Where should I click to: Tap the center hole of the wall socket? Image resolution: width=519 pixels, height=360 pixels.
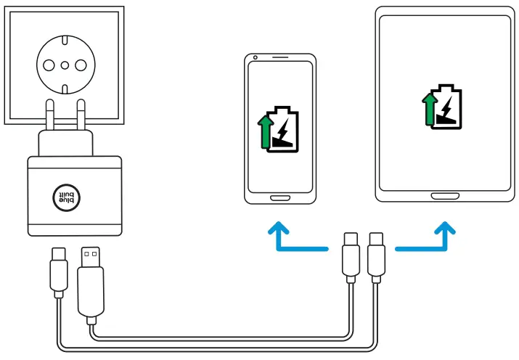tap(65, 65)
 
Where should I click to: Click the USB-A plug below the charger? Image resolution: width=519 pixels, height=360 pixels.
tap(90, 279)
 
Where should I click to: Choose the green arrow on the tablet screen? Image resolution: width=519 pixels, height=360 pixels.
tap(428, 110)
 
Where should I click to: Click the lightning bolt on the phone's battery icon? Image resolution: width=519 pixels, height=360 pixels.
tap(285, 131)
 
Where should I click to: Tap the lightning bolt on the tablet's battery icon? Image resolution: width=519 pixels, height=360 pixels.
tap(447, 107)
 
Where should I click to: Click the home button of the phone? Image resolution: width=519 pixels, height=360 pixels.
tap(280, 197)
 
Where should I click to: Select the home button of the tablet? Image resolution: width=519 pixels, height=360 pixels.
tap(444, 195)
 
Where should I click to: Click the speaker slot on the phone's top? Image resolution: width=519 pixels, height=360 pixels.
tap(280, 57)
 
